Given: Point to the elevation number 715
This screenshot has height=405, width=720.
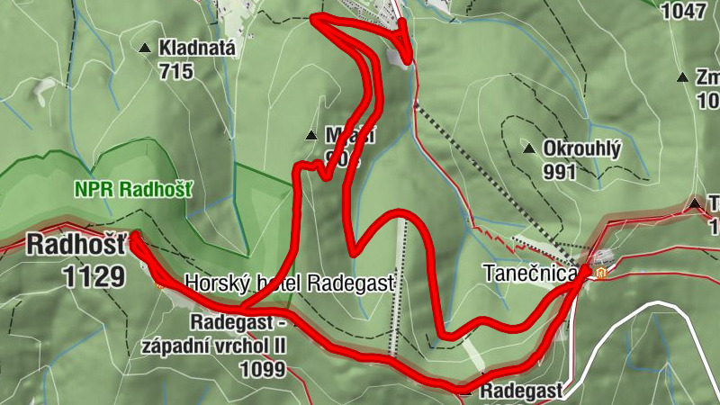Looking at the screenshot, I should point(175,70).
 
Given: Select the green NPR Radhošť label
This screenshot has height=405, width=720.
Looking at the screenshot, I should point(136,190).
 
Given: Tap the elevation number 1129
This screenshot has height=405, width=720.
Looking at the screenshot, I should point(94,275).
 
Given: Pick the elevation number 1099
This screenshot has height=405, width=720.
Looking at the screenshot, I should point(263,369).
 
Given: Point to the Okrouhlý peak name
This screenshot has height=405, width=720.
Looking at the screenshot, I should point(582,148).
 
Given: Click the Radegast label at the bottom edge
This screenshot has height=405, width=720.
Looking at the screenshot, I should point(521,391).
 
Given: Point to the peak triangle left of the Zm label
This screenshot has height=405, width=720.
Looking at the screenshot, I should point(683,77).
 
